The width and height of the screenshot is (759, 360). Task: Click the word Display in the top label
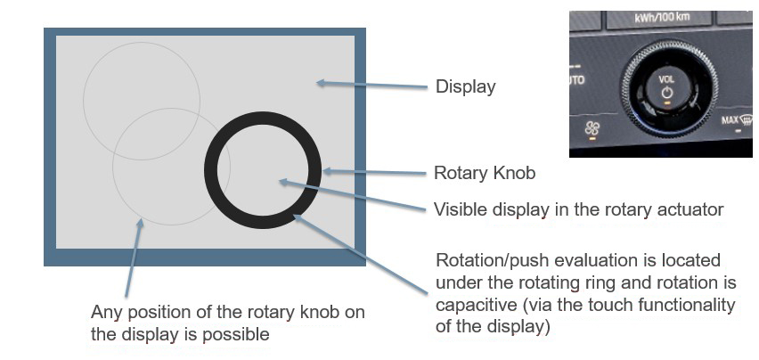[x=465, y=87]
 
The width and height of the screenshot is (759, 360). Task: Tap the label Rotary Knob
[x=485, y=173]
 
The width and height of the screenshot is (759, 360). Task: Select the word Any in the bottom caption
[x=106, y=313]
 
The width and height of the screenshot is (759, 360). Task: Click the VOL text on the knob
[x=666, y=78]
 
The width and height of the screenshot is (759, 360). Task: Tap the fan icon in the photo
[x=592, y=129]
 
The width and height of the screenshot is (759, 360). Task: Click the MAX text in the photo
[x=730, y=119]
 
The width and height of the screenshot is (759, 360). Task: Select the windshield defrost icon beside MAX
[x=747, y=119]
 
